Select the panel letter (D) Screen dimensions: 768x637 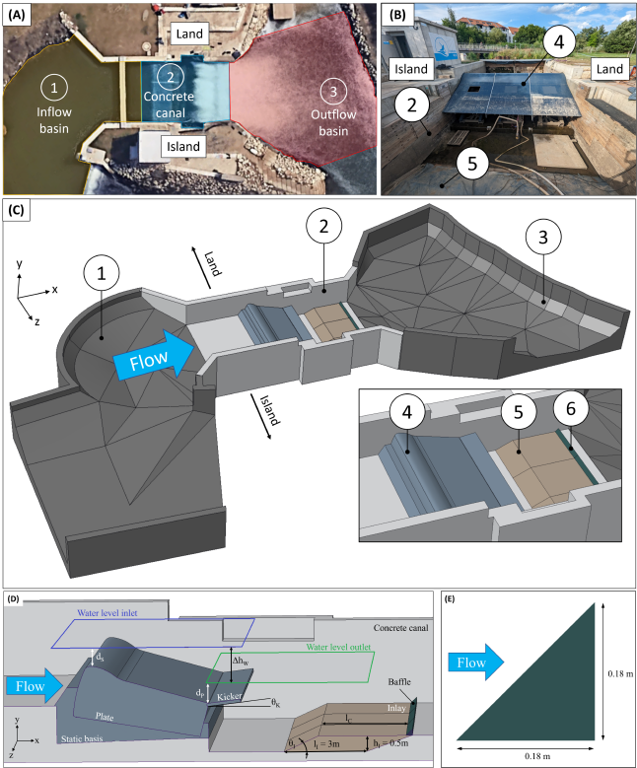point(17,598)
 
